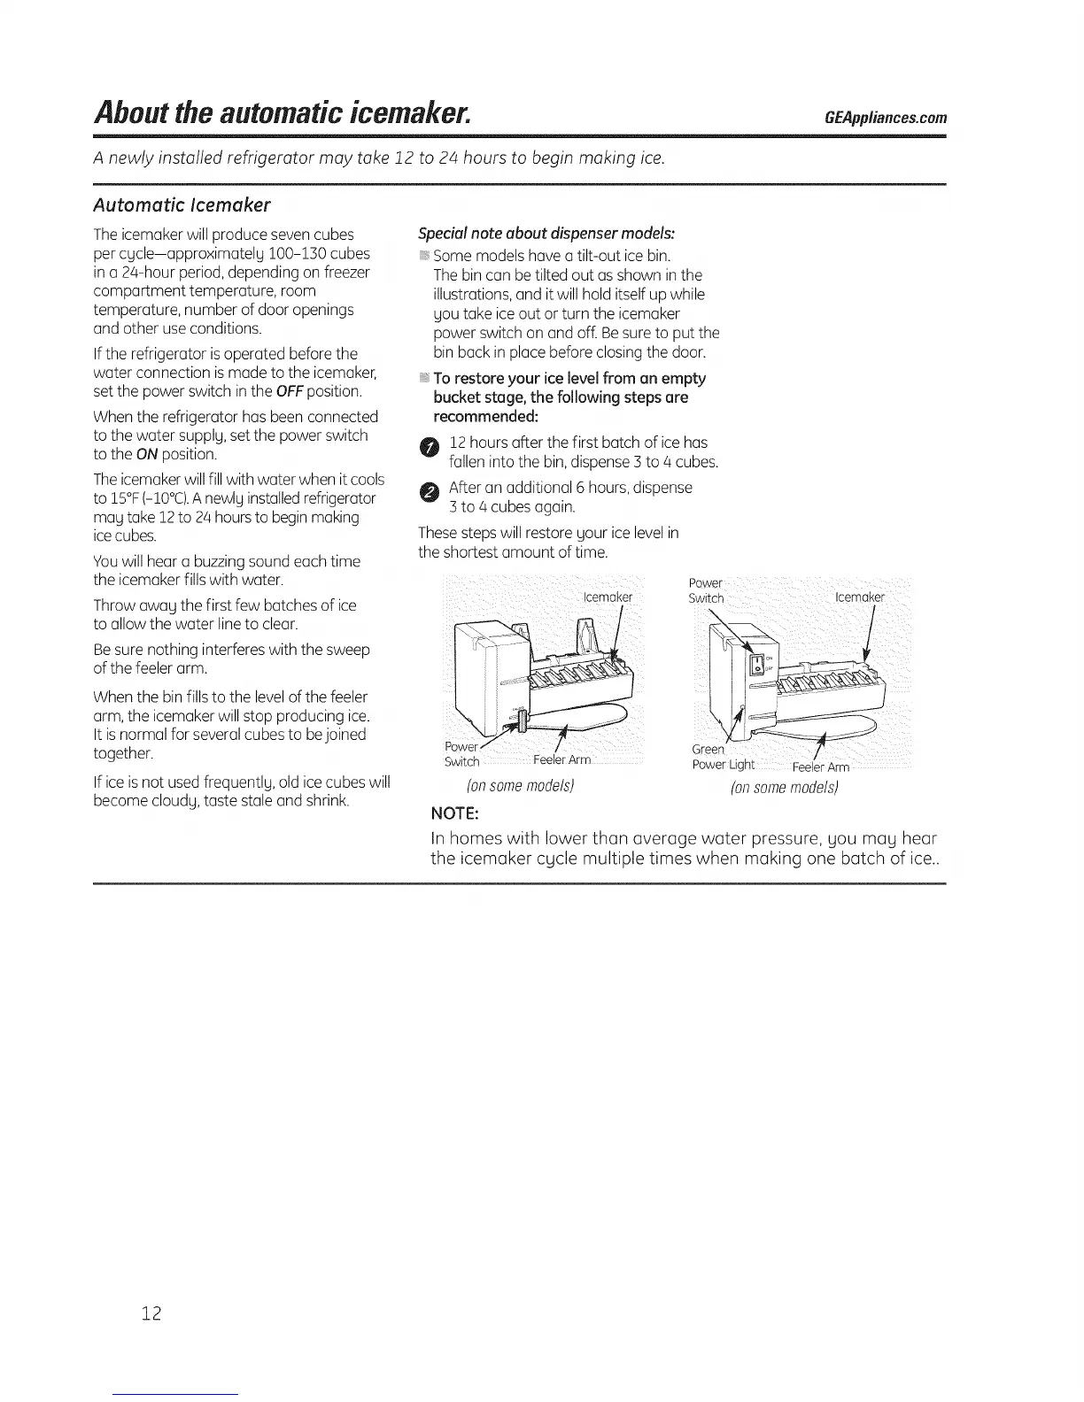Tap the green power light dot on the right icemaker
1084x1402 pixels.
[740, 708]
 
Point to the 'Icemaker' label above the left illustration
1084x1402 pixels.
[607, 597]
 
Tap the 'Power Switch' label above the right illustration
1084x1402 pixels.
[706, 590]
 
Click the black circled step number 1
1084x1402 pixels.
[428, 451]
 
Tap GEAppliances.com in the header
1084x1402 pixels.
[885, 119]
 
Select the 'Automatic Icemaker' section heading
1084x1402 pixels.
[182, 205]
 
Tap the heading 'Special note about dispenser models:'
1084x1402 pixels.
[546, 234]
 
